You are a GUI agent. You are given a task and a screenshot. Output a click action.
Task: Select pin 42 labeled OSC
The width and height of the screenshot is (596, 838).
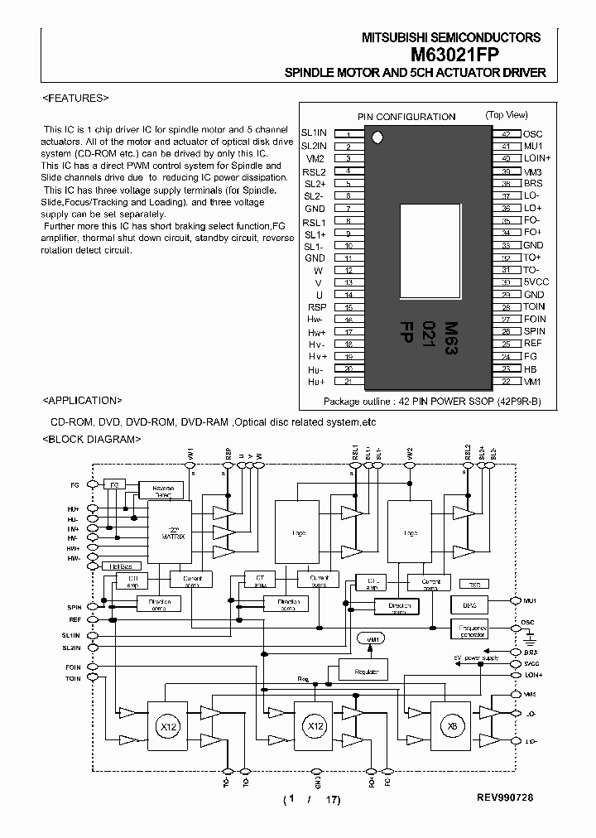(532, 133)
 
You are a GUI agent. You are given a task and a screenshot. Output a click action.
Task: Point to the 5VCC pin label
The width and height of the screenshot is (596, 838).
(536, 282)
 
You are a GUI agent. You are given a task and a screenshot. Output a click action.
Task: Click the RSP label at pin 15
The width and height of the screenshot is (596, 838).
(317, 306)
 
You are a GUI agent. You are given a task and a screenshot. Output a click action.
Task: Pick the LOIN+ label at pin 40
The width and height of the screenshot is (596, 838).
(537, 157)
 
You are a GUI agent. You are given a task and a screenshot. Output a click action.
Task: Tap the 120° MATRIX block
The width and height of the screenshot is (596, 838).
(170, 531)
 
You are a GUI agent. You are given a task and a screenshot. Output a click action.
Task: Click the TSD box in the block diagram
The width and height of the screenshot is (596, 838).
(469, 583)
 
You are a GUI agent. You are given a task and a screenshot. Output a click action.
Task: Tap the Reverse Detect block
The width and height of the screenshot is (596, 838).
(162, 490)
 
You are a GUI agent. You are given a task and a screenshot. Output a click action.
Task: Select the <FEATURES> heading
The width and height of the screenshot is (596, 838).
(75, 98)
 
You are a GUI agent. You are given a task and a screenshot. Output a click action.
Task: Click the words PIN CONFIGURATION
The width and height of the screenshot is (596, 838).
(406, 117)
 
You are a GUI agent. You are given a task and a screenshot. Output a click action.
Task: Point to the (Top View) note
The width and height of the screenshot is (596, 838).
(507, 115)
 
